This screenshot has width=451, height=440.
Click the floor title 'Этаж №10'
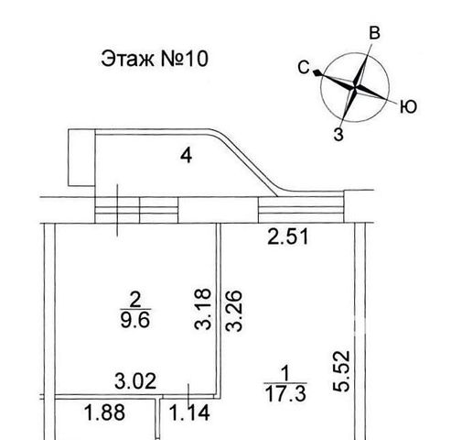pyautogui.click(x=155, y=59)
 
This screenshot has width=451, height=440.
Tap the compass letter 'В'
pyautogui.click(x=374, y=33)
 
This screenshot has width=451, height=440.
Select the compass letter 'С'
pyautogui.click(x=304, y=68)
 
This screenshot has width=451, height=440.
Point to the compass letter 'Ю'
pyautogui.click(x=408, y=107)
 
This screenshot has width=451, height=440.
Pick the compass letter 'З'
pyautogui.click(x=338, y=135)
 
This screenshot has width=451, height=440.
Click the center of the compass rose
pyautogui.click(x=355, y=87)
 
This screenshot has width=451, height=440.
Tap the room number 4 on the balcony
pyautogui.click(x=186, y=156)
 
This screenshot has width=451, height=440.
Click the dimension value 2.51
pyautogui.click(x=288, y=237)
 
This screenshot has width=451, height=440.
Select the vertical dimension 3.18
pyautogui.click(x=203, y=309)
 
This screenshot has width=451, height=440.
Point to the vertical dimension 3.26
pyautogui.click(x=233, y=311)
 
